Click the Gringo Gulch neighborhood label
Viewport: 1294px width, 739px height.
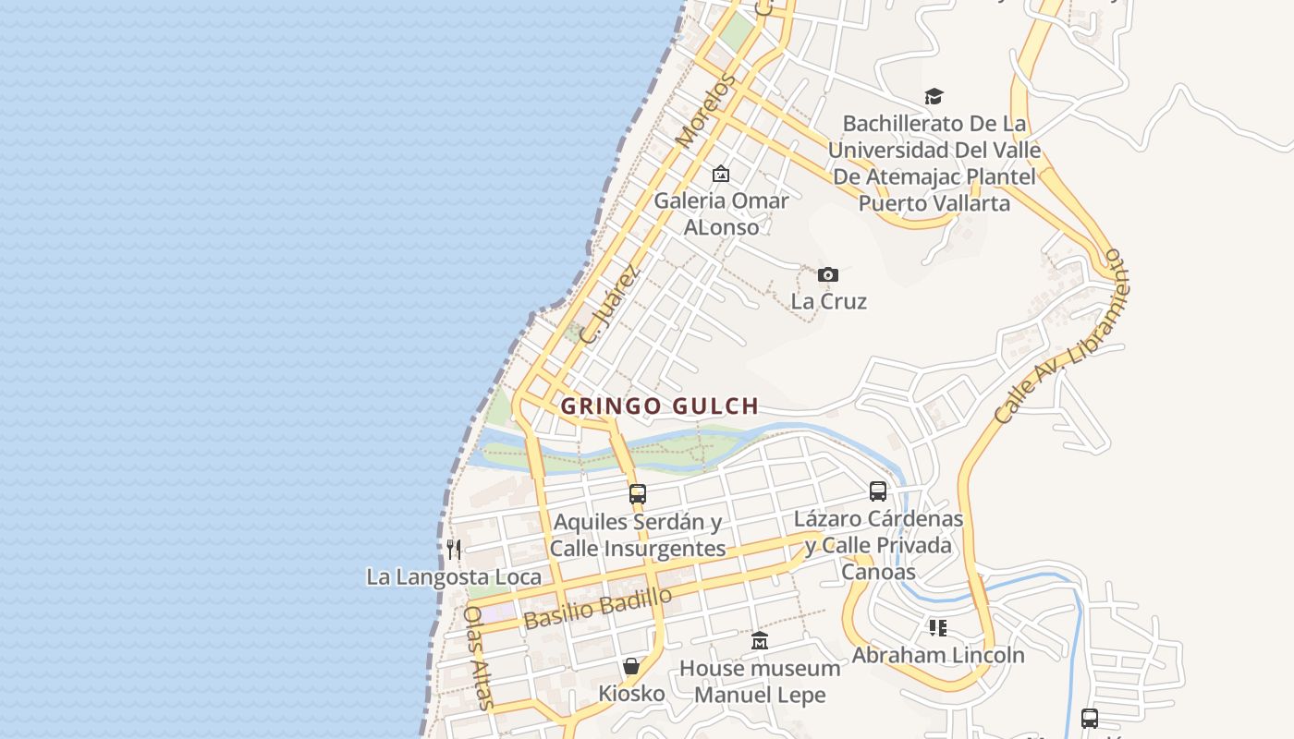click(x=660, y=406)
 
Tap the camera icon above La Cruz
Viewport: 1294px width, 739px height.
click(x=828, y=274)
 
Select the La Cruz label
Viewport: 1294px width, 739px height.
click(x=828, y=301)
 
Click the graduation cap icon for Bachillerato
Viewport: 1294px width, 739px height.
click(x=934, y=96)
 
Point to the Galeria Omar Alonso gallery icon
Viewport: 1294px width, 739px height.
click(x=721, y=174)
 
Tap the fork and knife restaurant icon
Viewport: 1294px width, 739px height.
click(x=454, y=550)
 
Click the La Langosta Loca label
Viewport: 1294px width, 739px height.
click(x=454, y=577)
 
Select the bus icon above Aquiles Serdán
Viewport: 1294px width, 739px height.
click(x=638, y=494)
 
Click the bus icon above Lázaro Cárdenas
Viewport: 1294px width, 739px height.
click(x=878, y=491)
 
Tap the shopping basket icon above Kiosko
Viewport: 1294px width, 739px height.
click(x=631, y=666)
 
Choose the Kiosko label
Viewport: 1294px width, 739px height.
click(x=631, y=693)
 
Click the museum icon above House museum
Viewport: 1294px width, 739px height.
click(x=760, y=640)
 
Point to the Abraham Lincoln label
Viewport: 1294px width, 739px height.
click(x=938, y=655)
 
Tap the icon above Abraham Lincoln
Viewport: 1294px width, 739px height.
click(x=938, y=628)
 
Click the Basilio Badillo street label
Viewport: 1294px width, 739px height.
click(x=598, y=608)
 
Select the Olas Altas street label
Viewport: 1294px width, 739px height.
click(x=479, y=657)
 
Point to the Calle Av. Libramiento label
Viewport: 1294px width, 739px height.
click(x=1063, y=336)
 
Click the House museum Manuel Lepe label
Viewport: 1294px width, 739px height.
click(x=760, y=681)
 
